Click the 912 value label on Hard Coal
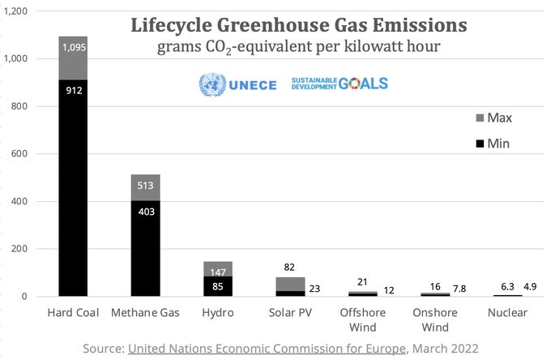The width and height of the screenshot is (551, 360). (x=72, y=91)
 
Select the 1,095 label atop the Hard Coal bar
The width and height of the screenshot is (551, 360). (x=72, y=47)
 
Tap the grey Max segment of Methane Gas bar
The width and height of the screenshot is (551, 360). (x=146, y=187)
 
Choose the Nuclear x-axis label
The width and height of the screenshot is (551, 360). (x=511, y=313)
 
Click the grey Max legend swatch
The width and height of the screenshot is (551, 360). (x=481, y=118)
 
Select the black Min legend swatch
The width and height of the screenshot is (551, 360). (x=481, y=144)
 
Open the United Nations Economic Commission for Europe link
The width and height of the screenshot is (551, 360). (x=266, y=348)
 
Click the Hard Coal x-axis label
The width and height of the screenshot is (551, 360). (x=72, y=313)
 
